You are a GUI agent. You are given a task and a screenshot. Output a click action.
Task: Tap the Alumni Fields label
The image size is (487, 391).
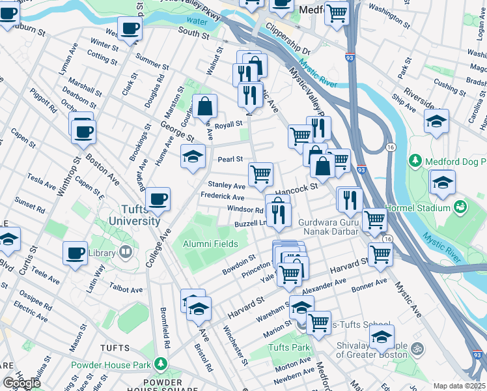(x=210, y=244)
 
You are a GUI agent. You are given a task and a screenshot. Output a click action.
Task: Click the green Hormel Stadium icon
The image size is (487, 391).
(x=461, y=207)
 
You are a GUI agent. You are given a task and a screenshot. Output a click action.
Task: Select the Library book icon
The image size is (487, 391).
(x=125, y=252)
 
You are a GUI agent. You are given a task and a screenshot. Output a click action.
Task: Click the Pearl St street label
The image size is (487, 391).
(x=230, y=159)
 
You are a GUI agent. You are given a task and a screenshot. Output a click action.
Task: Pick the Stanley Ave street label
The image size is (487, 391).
(x=227, y=186)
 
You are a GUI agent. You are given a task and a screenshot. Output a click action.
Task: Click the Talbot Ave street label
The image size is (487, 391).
(x=126, y=289)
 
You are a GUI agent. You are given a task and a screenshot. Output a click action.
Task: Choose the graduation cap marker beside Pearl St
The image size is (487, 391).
(x=193, y=157)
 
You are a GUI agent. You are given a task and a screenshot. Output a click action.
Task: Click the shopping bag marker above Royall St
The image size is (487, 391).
(x=204, y=106)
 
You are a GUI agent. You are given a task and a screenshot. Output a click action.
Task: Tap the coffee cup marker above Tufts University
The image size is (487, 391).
(x=158, y=199)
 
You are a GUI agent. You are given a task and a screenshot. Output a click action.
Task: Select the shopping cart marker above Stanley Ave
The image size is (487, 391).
(x=260, y=174)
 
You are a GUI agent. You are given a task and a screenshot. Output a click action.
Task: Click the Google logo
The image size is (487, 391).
(x=21, y=383)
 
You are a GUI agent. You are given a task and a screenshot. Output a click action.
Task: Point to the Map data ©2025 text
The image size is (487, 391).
(x=460, y=386)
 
